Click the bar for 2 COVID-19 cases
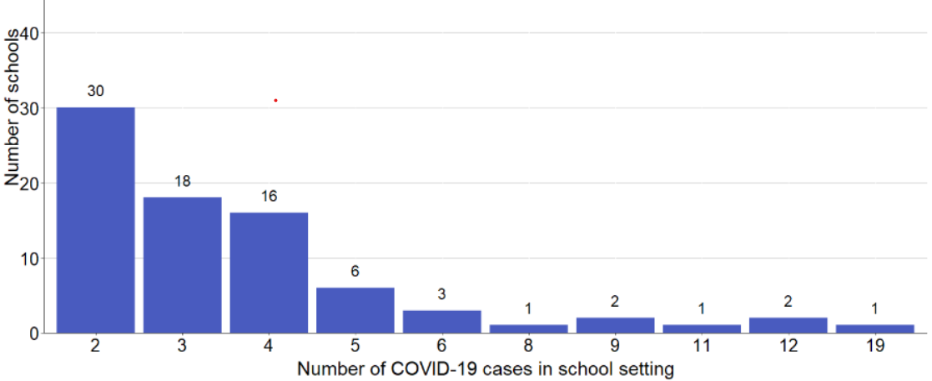coord(95,220)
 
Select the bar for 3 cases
coord(182,265)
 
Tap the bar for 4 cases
coord(269,273)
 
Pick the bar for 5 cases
coord(355,310)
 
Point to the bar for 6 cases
coord(442,322)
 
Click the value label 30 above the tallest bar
coord(95,91)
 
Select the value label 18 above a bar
coord(182,181)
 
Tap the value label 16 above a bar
coord(269,196)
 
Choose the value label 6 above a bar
coord(355,271)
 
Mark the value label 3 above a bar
coord(442,293)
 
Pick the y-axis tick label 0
coord(34,333)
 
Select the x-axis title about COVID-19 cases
coord(485,368)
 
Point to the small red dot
coord(275,100)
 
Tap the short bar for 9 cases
coord(615,325)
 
